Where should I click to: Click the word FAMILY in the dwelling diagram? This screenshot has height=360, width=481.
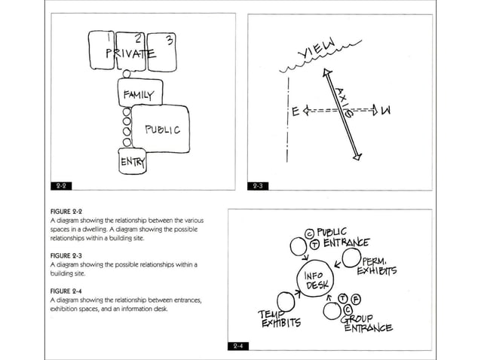coord(138,95)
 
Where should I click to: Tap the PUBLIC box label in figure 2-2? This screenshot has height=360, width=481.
coord(163,130)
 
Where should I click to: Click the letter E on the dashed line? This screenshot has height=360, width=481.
coord(296,113)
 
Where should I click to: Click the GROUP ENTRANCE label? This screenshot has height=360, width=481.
coord(367,323)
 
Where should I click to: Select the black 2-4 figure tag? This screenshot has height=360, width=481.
coord(237,346)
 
